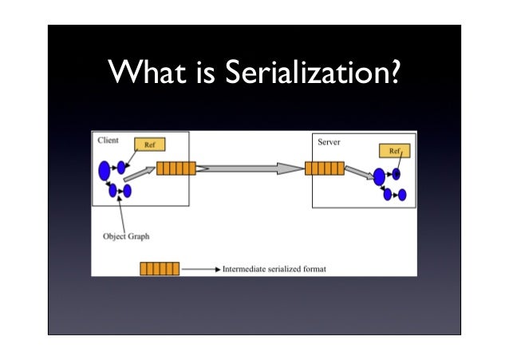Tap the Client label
(x=108, y=140)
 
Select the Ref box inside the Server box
(x=393, y=151)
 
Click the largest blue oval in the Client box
(x=104, y=170)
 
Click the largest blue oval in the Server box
(x=378, y=177)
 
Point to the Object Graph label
(x=126, y=236)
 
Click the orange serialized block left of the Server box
(x=325, y=168)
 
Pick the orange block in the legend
(x=160, y=268)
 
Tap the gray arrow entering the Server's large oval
(x=358, y=173)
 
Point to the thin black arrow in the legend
(x=199, y=269)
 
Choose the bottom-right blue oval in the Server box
(x=402, y=195)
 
